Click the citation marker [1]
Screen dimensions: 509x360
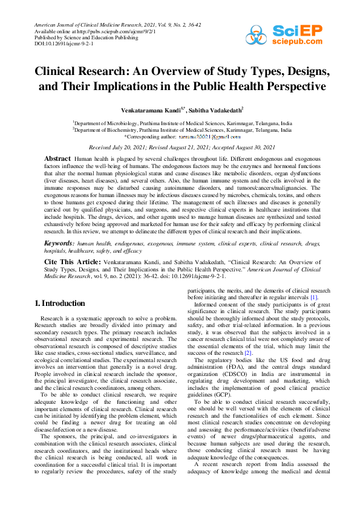pos(313,297)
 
